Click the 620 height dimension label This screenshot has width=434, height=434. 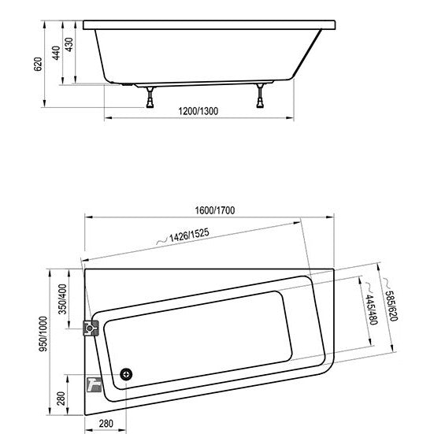click(x=38, y=65)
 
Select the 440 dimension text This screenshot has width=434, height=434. click(x=56, y=53)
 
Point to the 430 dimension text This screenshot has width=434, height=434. click(x=69, y=45)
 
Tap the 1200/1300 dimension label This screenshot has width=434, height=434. click(x=198, y=111)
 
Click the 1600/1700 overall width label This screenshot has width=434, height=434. click(x=215, y=210)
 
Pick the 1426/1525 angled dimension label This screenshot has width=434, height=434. click(x=189, y=236)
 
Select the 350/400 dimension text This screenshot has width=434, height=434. click(x=63, y=299)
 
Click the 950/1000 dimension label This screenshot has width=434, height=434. click(x=43, y=334)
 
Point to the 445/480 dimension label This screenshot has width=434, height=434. click(x=372, y=310)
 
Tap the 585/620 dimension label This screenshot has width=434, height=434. click(x=391, y=306)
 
